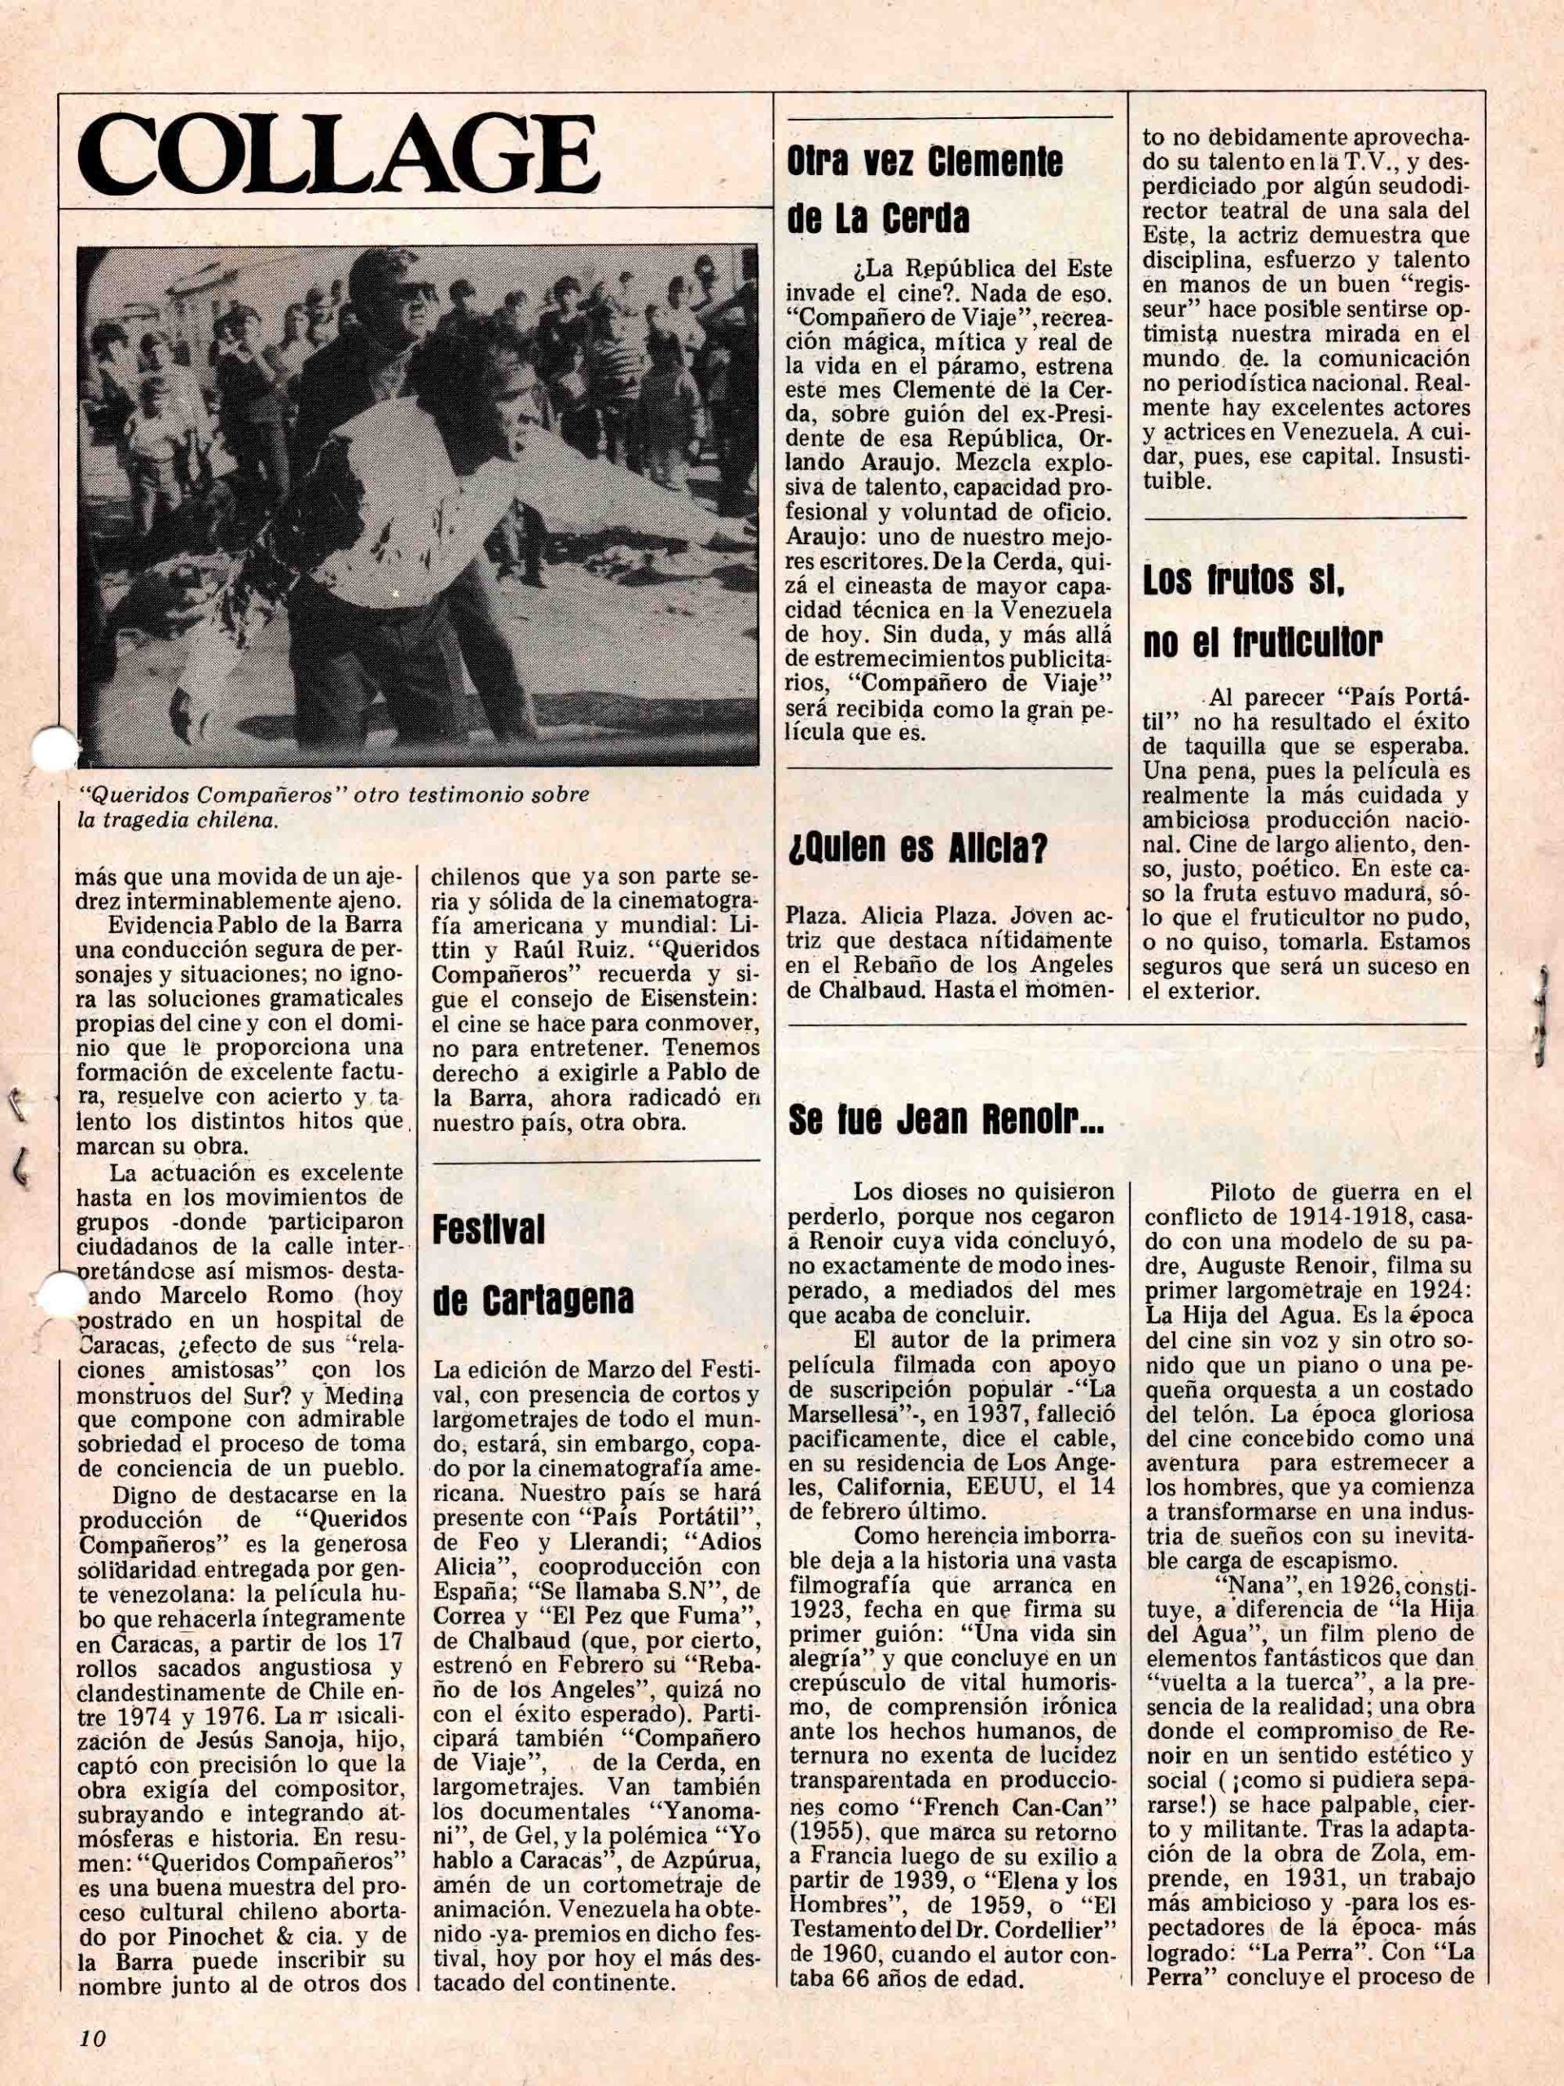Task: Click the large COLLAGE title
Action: click(x=340, y=154)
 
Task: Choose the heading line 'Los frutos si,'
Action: click(x=1242, y=583)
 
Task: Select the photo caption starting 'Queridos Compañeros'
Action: click(x=335, y=805)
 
